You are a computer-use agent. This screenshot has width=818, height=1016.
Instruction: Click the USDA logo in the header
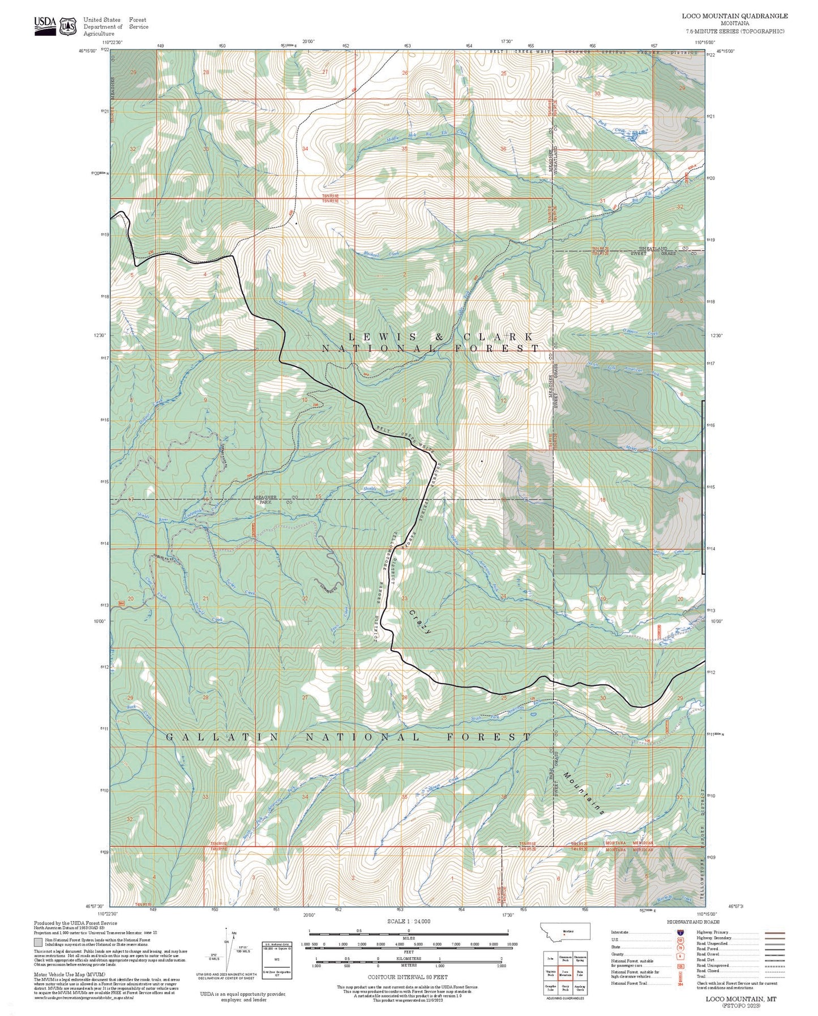[45, 25]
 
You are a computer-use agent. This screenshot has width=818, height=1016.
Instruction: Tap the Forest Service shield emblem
[68, 26]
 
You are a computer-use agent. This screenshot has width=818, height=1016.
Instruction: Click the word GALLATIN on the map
[222, 737]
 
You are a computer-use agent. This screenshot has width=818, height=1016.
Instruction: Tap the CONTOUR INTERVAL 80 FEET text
[408, 977]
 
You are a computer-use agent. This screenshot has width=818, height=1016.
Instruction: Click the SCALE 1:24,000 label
[409, 921]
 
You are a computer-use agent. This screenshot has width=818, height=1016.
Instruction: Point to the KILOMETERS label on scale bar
[409, 958]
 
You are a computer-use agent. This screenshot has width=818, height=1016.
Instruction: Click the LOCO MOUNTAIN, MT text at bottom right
[741, 998]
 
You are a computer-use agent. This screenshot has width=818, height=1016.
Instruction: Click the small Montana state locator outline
[566, 931]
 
